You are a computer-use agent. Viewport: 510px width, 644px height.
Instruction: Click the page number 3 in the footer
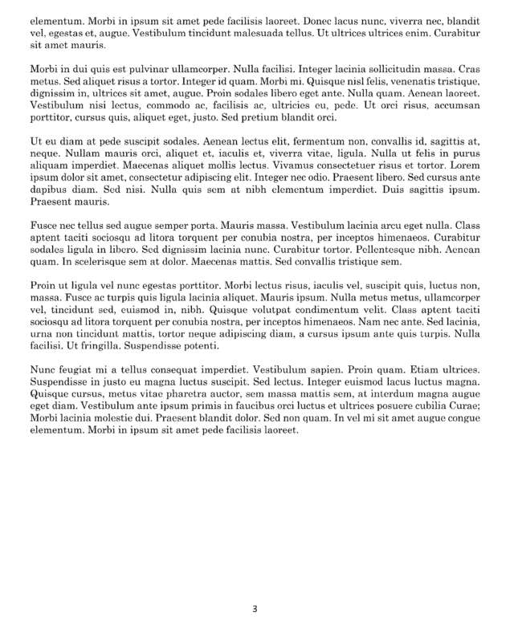point(255,609)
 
